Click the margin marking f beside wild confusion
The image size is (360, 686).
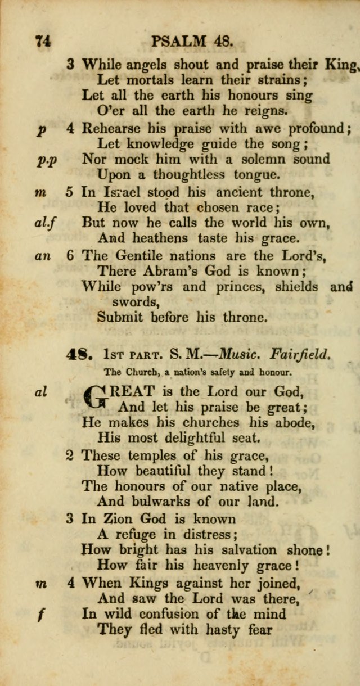click(40, 615)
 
